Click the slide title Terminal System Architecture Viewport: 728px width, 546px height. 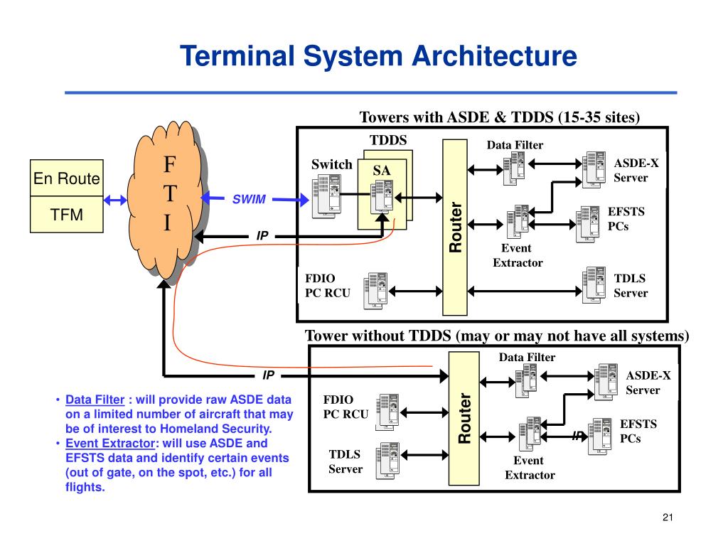tap(378, 56)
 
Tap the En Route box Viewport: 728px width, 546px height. tap(67, 179)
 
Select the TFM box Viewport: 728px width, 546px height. tap(67, 215)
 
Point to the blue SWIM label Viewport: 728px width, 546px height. tap(249, 200)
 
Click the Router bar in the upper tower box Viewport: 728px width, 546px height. tap(455, 227)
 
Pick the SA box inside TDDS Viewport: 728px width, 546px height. tap(382, 171)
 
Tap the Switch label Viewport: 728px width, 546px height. tap(331, 165)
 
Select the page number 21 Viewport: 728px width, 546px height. tap(667, 517)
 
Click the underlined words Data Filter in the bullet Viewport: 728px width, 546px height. tap(95, 400)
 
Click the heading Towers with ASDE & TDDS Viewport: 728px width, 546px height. tap(500, 117)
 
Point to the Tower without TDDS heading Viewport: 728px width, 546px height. tap(497, 336)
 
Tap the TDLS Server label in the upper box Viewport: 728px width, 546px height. tap(631, 286)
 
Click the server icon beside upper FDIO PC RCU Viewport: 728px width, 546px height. tap(375, 291)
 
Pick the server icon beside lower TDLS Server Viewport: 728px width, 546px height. tap(386, 460)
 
